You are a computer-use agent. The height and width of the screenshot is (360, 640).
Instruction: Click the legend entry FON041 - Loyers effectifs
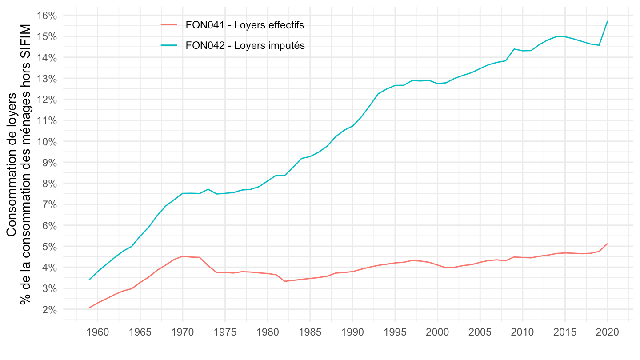click(244, 25)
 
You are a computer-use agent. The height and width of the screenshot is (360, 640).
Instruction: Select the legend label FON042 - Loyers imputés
click(245, 45)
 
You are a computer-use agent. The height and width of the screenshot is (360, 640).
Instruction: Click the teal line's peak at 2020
click(608, 21)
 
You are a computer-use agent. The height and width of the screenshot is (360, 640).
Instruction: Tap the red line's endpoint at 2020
click(608, 244)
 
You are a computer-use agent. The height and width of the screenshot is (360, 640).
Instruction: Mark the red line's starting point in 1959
click(89, 308)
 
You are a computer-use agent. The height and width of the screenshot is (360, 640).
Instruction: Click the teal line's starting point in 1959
click(89, 280)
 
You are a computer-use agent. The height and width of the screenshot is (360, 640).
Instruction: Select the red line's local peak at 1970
click(183, 256)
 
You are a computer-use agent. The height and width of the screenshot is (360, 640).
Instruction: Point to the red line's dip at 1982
click(284, 281)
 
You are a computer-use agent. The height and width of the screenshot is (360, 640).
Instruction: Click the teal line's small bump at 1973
click(208, 189)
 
